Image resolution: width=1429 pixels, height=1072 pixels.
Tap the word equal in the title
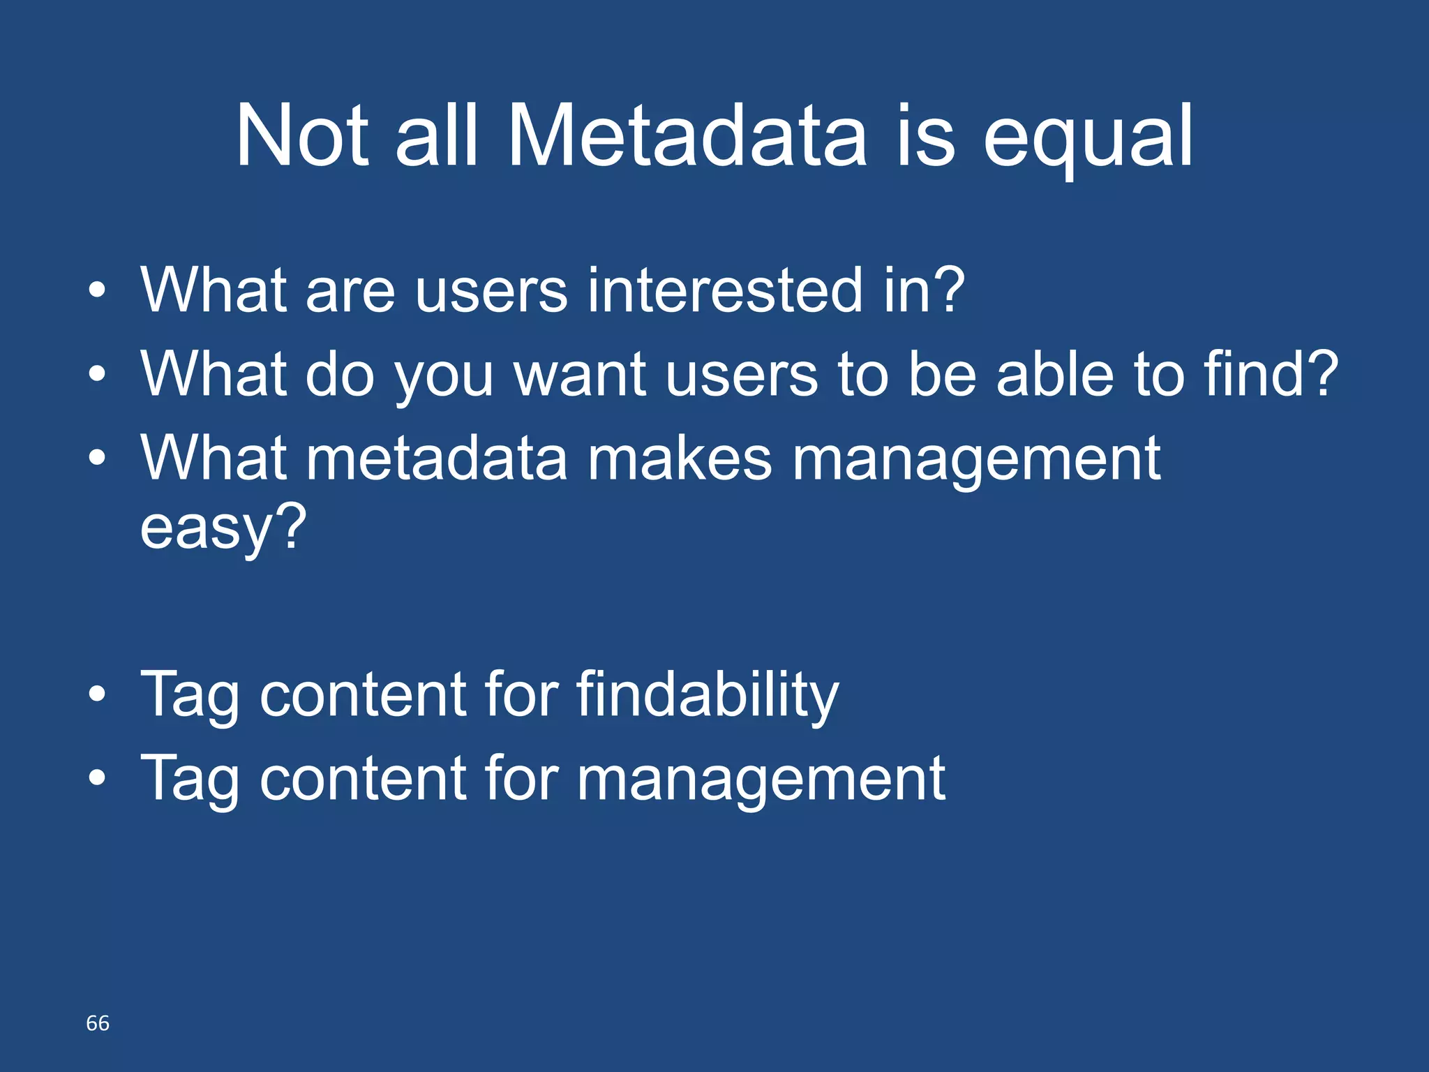[x=1088, y=138]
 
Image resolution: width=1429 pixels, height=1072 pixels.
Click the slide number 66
[x=98, y=1023]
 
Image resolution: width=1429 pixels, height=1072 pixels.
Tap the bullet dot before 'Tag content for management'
[x=98, y=778]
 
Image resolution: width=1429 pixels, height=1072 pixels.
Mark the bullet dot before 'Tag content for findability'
[x=98, y=694]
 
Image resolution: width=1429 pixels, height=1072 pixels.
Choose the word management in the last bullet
[x=761, y=780]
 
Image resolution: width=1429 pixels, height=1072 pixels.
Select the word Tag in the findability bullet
[x=190, y=696]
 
